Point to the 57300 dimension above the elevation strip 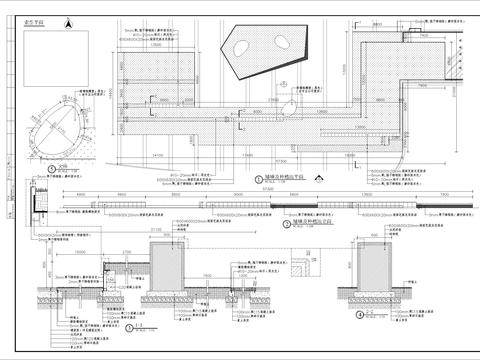239,190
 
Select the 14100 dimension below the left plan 158,156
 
